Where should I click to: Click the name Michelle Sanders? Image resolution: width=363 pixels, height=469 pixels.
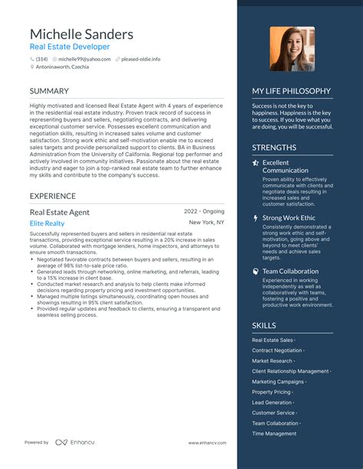click(x=81, y=34)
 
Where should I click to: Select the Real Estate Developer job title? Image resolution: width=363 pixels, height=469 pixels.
click(x=70, y=47)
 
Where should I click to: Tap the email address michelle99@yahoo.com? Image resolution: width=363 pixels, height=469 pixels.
click(x=84, y=59)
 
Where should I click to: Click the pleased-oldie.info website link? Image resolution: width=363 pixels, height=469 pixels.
click(x=139, y=59)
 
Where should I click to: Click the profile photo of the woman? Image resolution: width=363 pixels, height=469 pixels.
click(x=292, y=49)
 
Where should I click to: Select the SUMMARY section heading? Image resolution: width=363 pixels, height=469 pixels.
click(x=49, y=91)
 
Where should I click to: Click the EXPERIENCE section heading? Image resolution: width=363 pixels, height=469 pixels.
click(x=53, y=196)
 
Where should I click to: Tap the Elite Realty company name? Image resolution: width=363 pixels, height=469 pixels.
click(x=47, y=223)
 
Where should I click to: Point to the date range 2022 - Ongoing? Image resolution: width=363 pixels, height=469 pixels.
click(x=204, y=211)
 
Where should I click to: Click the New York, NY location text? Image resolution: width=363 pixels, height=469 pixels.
click(x=207, y=223)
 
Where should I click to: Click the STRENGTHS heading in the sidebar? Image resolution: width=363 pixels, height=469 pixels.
click(x=274, y=147)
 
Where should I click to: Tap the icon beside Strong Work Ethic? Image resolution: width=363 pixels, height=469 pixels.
click(x=256, y=218)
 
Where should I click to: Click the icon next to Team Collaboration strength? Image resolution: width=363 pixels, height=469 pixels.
click(x=256, y=271)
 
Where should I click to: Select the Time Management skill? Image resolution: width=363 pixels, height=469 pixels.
click(x=274, y=434)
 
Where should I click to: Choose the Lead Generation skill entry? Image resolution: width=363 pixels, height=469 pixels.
click(x=272, y=402)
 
